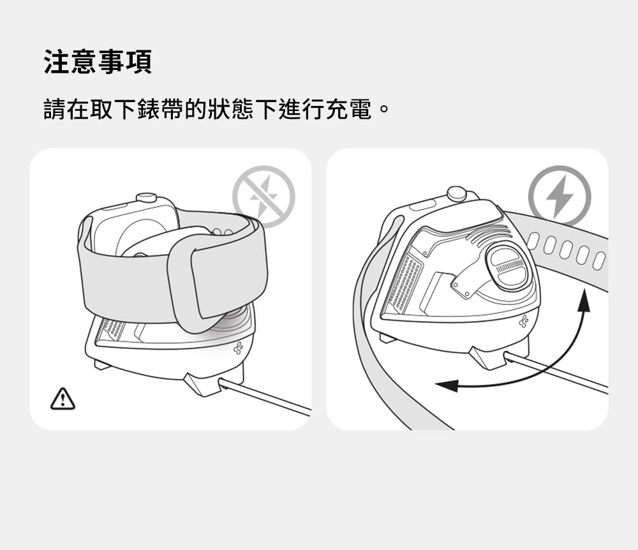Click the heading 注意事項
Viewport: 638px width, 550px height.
98,62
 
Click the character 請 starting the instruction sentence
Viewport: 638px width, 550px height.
55,109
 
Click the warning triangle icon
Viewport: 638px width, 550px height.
63,399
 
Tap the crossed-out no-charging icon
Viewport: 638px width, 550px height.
263,197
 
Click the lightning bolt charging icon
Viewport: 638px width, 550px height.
560,197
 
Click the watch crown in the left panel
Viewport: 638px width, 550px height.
146,198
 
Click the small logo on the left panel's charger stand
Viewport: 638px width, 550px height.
239,348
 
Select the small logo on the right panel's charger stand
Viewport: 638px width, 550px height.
524,321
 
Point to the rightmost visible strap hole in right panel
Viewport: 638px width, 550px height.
598,261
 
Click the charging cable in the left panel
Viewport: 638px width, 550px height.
265,396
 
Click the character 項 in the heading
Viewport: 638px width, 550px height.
138,62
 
